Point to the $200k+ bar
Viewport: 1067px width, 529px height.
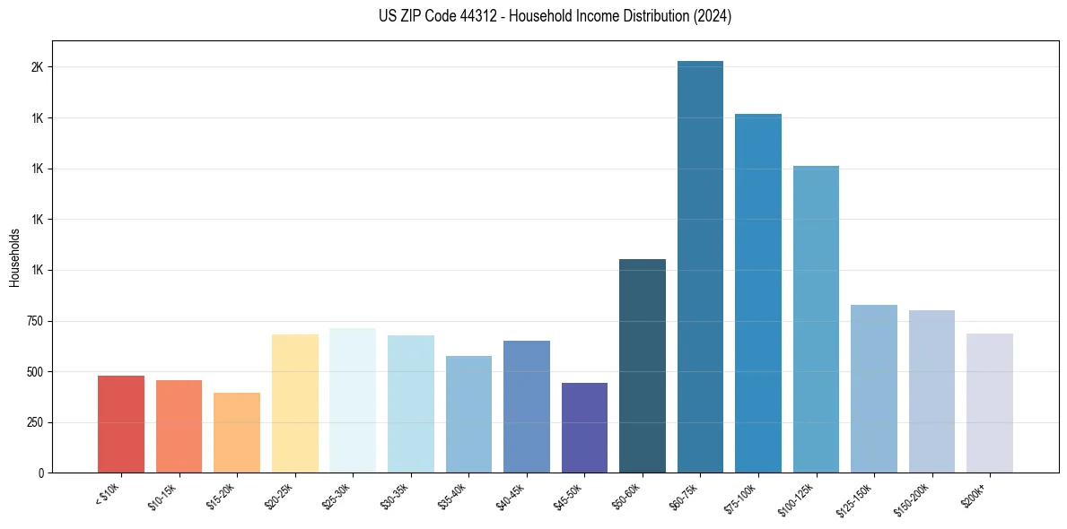tap(989, 403)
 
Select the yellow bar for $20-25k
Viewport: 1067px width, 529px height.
tap(294, 403)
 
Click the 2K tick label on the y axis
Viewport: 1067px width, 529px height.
tap(38, 67)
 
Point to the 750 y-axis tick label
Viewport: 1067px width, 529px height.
tap(34, 321)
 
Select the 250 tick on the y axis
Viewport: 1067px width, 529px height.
tap(34, 422)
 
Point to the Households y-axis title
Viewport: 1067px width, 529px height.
tap(14, 257)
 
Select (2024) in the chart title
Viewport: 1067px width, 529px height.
tap(713, 16)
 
